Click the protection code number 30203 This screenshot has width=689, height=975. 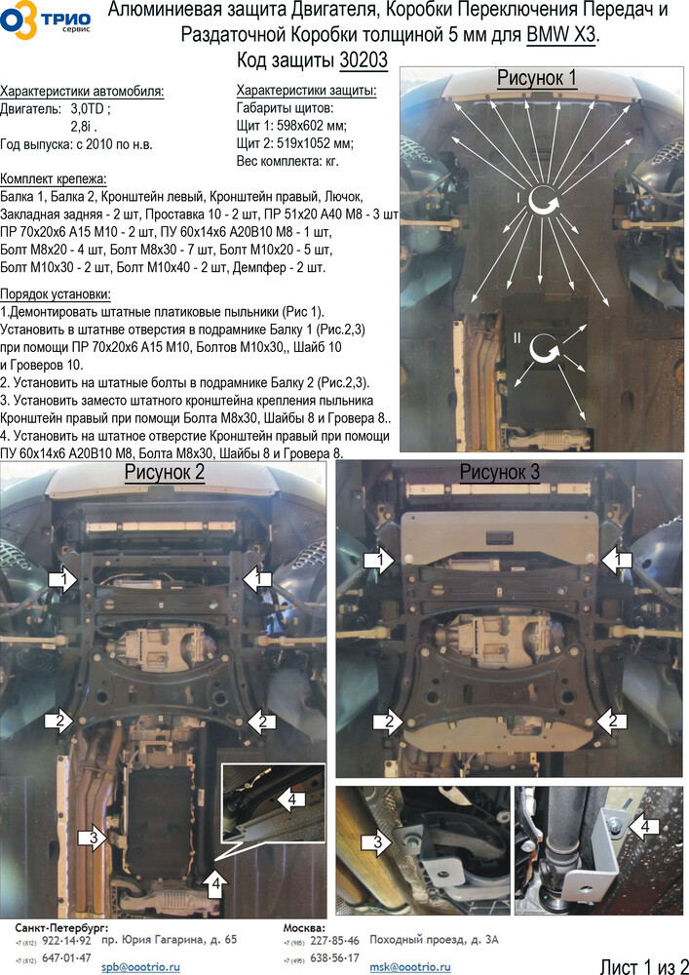point(364,60)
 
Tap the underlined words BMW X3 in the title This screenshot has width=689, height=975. point(561,35)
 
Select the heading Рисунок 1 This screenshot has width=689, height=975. point(536,78)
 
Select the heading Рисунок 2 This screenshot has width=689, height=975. point(164,472)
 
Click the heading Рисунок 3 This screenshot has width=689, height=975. point(500,472)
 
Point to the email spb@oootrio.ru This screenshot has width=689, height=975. point(140,967)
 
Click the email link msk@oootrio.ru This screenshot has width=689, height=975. point(409,967)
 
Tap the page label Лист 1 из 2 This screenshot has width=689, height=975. point(643,965)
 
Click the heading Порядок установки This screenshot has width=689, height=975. point(56,294)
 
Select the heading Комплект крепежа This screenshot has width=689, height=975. point(54,179)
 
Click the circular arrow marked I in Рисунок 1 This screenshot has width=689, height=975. point(543,201)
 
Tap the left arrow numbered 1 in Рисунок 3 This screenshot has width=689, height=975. point(378,560)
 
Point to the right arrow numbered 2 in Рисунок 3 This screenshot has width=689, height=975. point(614,721)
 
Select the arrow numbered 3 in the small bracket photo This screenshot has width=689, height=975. point(377,842)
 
